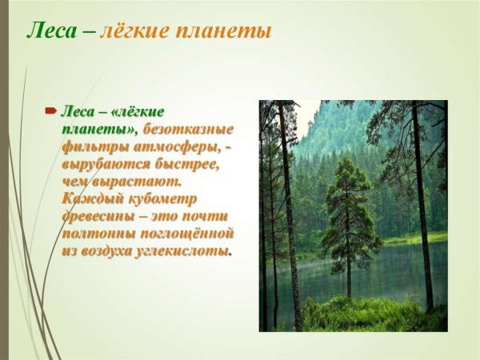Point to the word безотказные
click(x=188, y=130)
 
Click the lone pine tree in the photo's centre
click(x=350, y=208)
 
